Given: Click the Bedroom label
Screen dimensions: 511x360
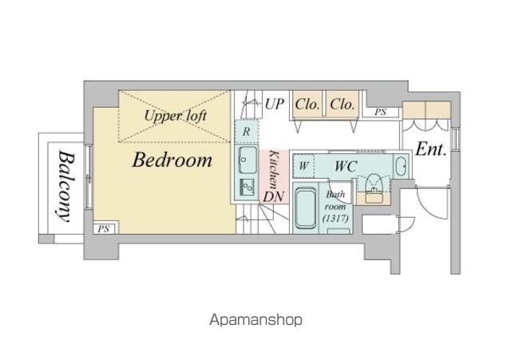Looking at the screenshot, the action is (x=172, y=160).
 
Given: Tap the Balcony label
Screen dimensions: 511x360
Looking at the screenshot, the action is (x=67, y=186).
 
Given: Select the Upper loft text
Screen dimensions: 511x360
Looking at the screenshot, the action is (x=176, y=116).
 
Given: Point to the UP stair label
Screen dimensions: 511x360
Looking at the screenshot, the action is (x=274, y=105).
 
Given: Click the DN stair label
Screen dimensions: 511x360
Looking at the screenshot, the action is (x=274, y=196).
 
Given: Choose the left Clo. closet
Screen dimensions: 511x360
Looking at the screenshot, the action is (x=307, y=105).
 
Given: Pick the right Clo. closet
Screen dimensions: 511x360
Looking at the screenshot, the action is (x=343, y=105).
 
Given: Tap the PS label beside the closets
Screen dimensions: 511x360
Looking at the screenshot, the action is (x=380, y=112).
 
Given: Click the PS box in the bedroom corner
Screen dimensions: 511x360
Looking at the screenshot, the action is (x=104, y=228).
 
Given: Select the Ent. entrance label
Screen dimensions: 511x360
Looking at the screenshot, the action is (x=431, y=149).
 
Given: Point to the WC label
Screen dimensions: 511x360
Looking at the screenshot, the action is (x=346, y=167).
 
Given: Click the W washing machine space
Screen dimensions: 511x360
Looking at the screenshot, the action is (x=303, y=166).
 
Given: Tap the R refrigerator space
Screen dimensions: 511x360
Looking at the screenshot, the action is (x=247, y=132).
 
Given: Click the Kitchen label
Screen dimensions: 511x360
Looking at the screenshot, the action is (x=274, y=169).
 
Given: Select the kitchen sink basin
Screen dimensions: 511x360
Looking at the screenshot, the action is (x=248, y=160).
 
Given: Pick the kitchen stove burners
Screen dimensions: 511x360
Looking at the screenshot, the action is (x=248, y=187).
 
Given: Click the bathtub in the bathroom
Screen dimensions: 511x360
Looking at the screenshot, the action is (x=305, y=208).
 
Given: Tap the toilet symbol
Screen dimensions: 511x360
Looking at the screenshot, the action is (x=374, y=184).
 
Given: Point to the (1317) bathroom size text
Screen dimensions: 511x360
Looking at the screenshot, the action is (x=335, y=218).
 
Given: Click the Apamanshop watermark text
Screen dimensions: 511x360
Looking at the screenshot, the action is (x=255, y=320).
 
